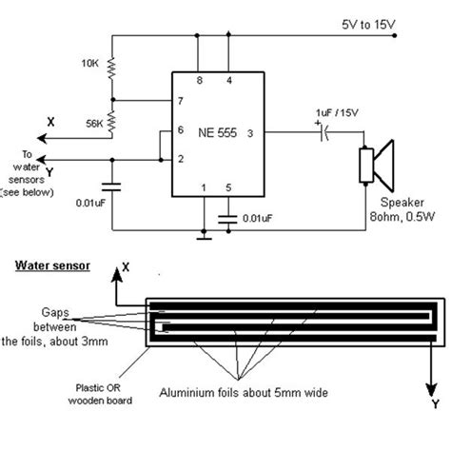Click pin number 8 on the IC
point(198,82)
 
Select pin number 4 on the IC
point(229,82)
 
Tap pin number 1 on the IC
point(202,188)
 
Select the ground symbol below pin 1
point(202,235)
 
